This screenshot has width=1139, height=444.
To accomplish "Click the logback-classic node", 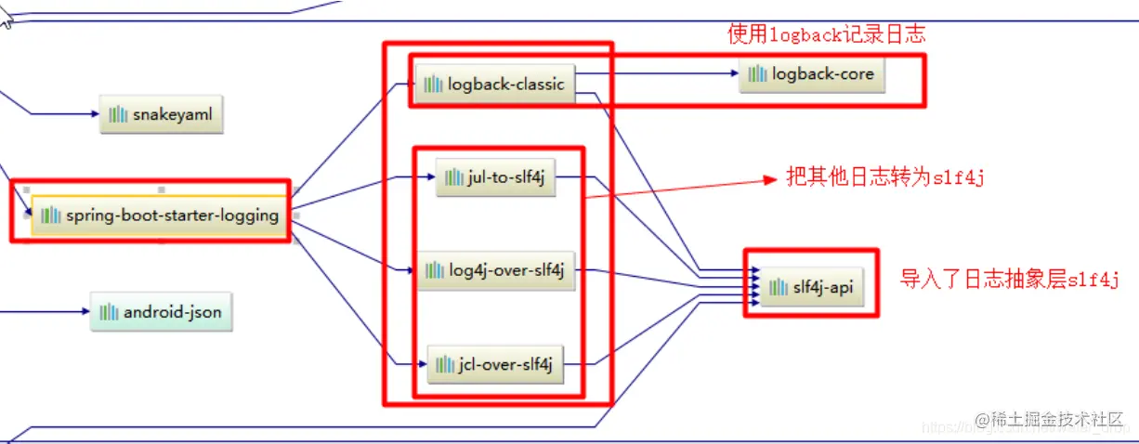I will pyautogui.click(x=494, y=85).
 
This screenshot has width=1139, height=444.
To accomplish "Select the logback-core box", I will pyautogui.click(x=812, y=74).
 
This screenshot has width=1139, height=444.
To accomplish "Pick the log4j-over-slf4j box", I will pyautogui.click(x=495, y=271).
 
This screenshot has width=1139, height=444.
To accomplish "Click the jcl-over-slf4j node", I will pyautogui.click(x=495, y=365).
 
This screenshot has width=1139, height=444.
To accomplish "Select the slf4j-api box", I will pyautogui.click(x=811, y=288).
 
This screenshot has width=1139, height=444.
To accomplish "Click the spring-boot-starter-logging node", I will pyautogui.click(x=160, y=215).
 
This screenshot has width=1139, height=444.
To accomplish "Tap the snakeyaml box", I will pyautogui.click(x=162, y=115).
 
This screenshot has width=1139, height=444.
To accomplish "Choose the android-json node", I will pyautogui.click(x=161, y=312).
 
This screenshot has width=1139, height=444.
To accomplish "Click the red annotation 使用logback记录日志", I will pyautogui.click(x=826, y=35).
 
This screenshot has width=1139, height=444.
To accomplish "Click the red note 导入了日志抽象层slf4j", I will pyautogui.click(x=1009, y=279).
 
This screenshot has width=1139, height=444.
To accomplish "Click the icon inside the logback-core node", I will pyautogui.click(x=759, y=74).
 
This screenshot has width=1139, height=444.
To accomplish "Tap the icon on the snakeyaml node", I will pyautogui.click(x=118, y=115).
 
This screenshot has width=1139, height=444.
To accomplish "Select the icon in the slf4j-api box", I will pyautogui.click(x=778, y=288).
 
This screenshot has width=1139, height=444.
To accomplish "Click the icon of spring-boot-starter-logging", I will pyautogui.click(x=50, y=215).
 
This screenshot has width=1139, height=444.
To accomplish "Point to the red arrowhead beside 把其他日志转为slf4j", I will pyautogui.click(x=769, y=179).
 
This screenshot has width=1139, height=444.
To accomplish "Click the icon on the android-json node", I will pyautogui.click(x=110, y=312).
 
